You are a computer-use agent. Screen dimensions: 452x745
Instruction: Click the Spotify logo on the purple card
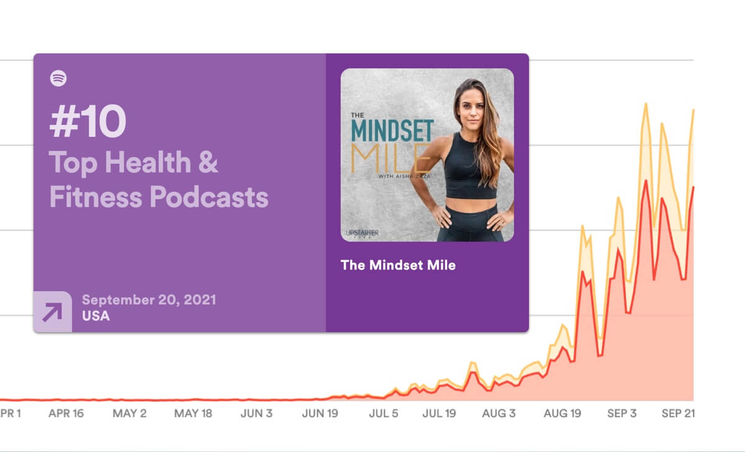(x=58, y=78)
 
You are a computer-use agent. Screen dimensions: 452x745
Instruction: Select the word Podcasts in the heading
(x=209, y=197)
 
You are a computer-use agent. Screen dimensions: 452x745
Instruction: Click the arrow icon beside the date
(x=52, y=312)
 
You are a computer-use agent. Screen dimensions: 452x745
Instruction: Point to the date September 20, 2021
(x=149, y=299)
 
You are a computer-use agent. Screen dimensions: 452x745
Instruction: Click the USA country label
(x=96, y=316)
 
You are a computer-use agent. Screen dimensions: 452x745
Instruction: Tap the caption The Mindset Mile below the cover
(x=398, y=265)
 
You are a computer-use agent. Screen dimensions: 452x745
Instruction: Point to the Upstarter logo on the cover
(x=361, y=233)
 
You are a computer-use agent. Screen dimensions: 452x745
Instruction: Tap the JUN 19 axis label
(x=320, y=414)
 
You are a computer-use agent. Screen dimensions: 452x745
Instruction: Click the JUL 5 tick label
(x=383, y=414)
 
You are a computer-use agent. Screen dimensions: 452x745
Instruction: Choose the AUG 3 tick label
(x=499, y=414)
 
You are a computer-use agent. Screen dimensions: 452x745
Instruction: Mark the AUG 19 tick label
(x=562, y=414)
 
